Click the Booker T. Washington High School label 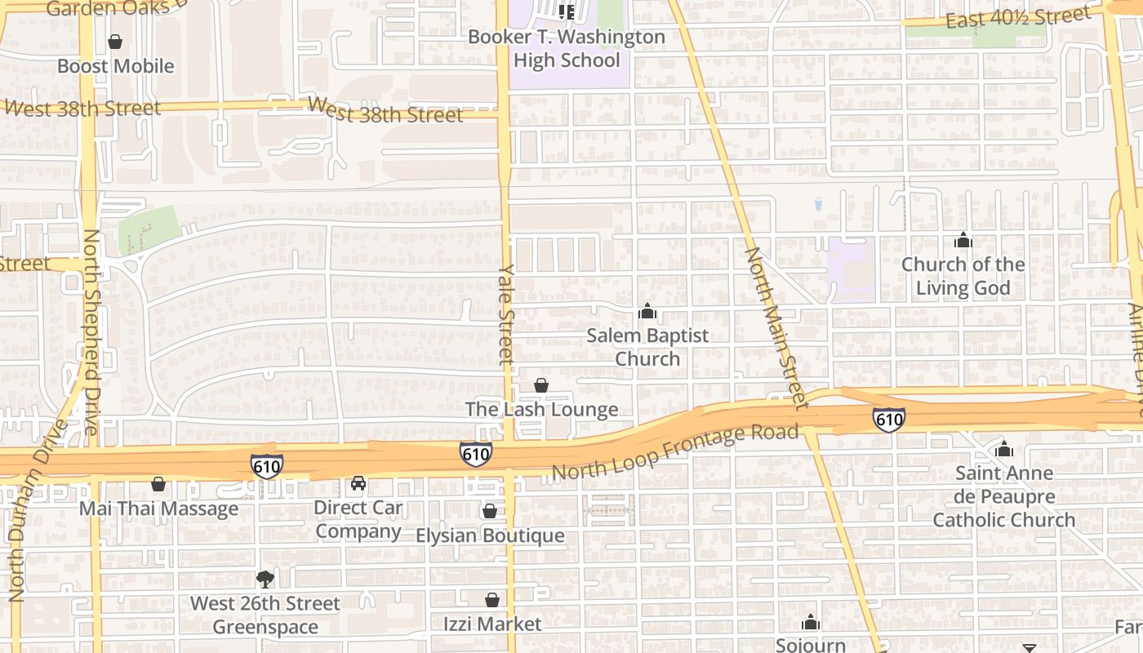567,49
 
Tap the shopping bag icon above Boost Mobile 115,42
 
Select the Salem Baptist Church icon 647,312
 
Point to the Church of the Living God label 963,276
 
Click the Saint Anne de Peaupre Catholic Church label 1003,496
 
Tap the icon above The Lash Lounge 541,385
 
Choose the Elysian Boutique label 490,535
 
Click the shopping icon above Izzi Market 492,600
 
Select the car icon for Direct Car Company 358,484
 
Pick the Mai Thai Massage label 158,509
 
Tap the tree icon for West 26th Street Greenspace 265,580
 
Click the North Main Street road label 775,326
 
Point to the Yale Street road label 506,313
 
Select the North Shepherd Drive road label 91,331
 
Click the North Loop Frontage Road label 674,453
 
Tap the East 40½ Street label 1018,16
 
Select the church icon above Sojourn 810,622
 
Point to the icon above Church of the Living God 963,241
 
